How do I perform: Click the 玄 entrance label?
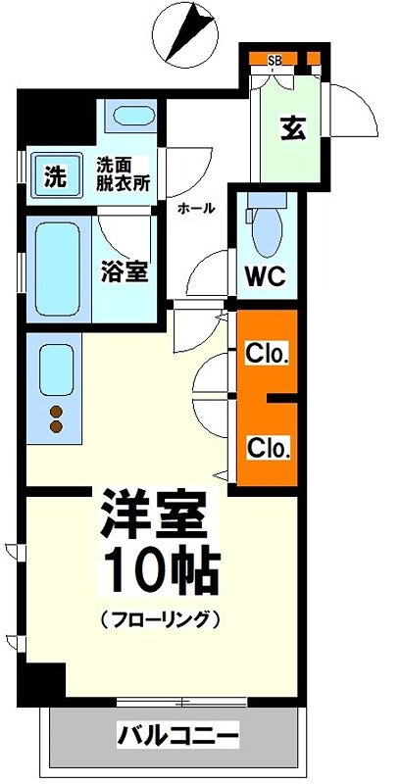click(291, 128)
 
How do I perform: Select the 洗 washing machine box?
click(55, 177)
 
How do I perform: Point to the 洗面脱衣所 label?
click(122, 174)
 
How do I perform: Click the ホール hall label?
click(196, 208)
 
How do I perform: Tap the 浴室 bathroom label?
click(125, 271)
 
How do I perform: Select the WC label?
click(264, 275)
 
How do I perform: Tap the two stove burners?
click(56, 418)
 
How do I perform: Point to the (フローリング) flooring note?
click(157, 619)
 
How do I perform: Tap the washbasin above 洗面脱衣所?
click(129, 118)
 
